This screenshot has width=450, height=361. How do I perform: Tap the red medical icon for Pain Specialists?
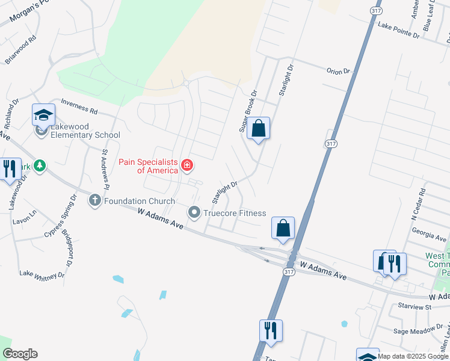pyautogui.click(x=187, y=164)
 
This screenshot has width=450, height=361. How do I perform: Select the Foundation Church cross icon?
pyautogui.click(x=95, y=200)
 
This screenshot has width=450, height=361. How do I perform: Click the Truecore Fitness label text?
pyautogui.click(x=234, y=213)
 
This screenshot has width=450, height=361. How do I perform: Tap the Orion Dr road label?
pyautogui.click(x=338, y=71)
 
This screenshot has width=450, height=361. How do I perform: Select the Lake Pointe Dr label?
pyautogui.click(x=398, y=30)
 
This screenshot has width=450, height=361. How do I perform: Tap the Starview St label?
pyautogui.click(x=415, y=306)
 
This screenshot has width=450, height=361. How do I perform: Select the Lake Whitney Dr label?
pyautogui.click(x=42, y=274)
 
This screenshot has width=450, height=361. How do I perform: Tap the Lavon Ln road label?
pyautogui.click(x=25, y=212)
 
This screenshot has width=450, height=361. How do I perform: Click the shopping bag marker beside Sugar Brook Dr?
pyautogui.click(x=258, y=129)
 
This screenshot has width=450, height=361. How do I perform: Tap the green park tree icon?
pyautogui.click(x=40, y=165)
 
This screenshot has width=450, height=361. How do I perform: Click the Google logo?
pyautogui.click(x=20, y=354)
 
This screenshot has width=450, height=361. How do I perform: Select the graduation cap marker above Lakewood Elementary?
pyautogui.click(x=43, y=114)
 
